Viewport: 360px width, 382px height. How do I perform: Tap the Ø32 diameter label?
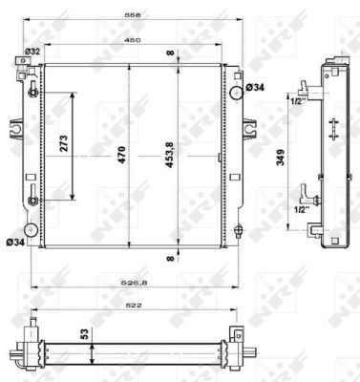[32, 51]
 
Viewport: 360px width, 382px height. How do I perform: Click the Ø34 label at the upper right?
[255, 88]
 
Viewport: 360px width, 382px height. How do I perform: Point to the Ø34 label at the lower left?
[13, 242]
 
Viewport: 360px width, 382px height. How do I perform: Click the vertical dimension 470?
[120, 156]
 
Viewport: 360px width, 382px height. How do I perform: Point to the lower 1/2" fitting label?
[299, 210]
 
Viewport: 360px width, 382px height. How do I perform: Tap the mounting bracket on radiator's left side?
[17, 128]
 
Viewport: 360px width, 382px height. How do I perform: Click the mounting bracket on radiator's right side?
[250, 128]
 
